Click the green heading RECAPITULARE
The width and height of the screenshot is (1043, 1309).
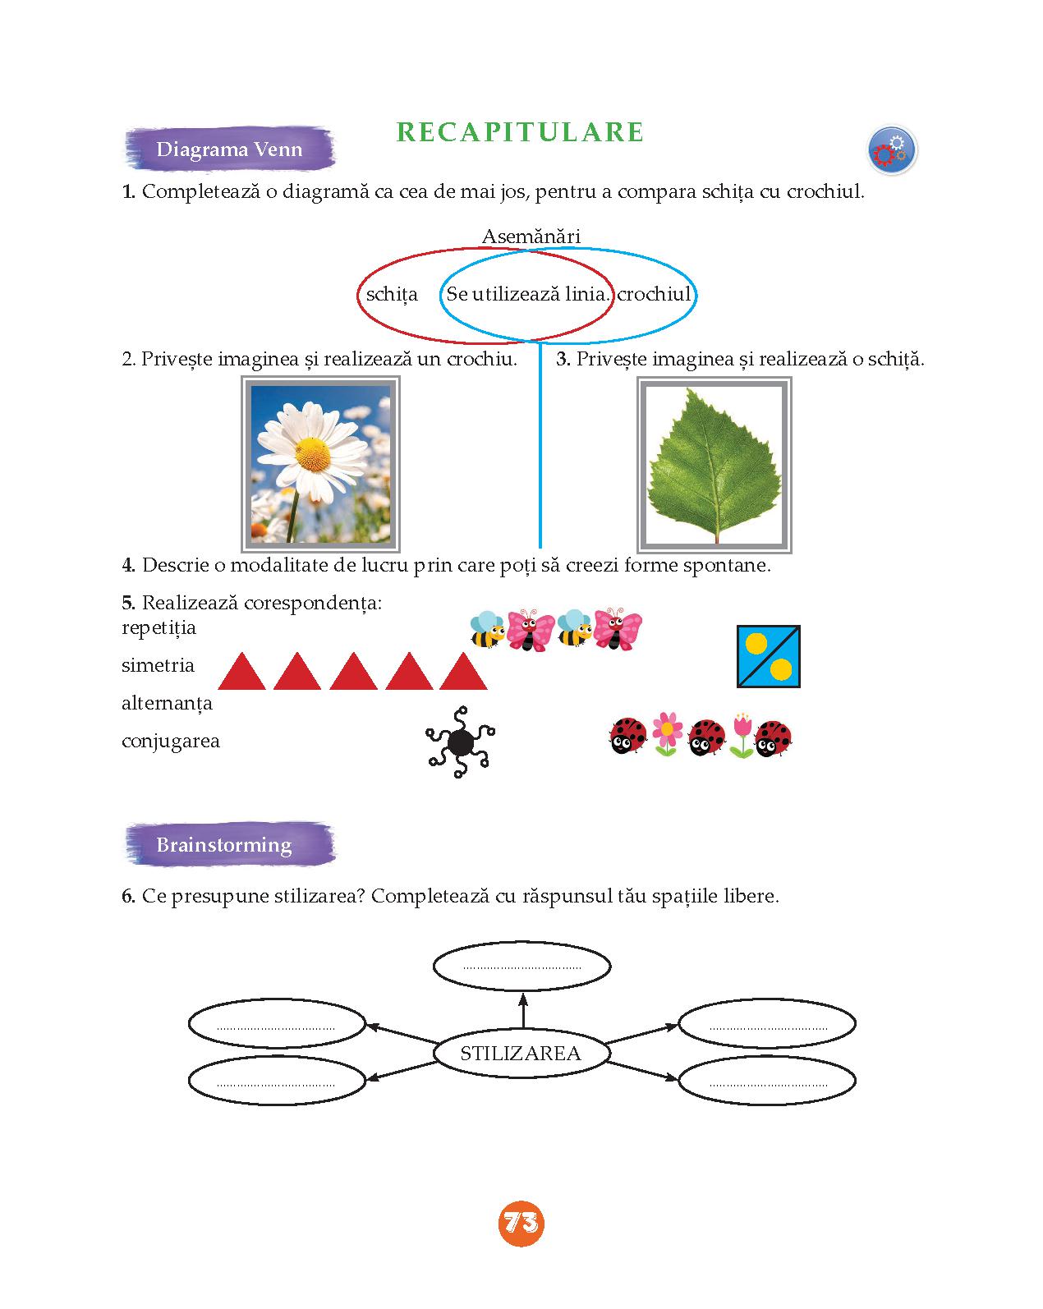point(520,132)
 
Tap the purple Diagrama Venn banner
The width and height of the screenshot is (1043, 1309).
point(230,149)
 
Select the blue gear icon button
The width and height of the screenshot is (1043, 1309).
point(892,150)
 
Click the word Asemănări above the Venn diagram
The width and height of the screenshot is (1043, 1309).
point(531,236)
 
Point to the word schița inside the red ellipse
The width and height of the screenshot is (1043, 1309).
point(392,295)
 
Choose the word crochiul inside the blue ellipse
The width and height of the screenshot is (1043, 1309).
point(655,294)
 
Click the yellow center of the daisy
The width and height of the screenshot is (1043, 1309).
point(314,454)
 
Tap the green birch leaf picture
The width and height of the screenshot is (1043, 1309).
point(714,466)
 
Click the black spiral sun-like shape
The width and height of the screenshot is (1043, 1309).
point(460,742)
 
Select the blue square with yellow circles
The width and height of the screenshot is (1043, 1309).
point(768,656)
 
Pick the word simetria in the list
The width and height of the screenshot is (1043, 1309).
point(159,665)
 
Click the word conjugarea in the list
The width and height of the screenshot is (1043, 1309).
point(170,741)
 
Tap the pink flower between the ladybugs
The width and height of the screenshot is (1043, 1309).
point(667,733)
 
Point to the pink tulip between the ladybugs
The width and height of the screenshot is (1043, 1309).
point(742,736)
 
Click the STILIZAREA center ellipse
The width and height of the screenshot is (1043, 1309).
point(521,1053)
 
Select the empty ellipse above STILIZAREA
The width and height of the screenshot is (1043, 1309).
point(521,966)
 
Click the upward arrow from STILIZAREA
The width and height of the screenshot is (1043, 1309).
point(523,1010)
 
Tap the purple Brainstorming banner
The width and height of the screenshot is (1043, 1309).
point(230,844)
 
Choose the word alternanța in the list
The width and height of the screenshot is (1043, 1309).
point(167,703)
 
